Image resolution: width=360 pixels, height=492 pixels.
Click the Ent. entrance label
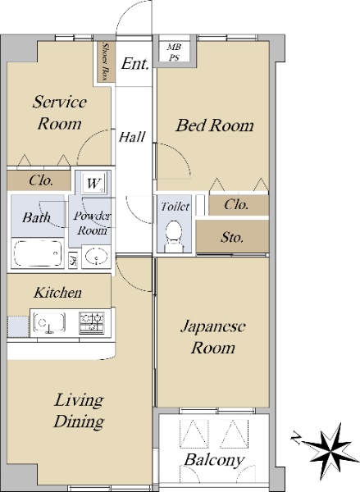(135, 64)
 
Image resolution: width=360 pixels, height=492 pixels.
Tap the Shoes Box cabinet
(106, 61)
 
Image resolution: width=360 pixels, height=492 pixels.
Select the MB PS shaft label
(174, 52)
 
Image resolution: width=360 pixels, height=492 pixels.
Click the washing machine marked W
(93, 183)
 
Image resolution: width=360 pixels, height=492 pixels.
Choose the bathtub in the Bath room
(38, 253)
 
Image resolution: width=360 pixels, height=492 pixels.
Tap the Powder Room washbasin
(97, 257)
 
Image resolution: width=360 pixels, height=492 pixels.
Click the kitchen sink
(49, 322)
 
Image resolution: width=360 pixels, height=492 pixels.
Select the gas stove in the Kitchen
(92, 322)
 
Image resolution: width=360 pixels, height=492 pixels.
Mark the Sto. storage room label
(232, 237)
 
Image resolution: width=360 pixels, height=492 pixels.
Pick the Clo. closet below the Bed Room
(239, 205)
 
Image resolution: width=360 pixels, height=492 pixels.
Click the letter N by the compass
(296, 437)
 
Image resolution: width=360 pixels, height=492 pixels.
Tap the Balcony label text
(214, 460)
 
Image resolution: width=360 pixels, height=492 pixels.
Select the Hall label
(132, 137)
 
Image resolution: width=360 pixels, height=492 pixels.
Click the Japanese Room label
(213, 337)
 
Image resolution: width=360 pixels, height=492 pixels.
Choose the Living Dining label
(79, 411)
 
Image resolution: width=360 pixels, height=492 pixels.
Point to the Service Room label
(60, 112)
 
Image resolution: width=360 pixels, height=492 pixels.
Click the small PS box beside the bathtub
(73, 260)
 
